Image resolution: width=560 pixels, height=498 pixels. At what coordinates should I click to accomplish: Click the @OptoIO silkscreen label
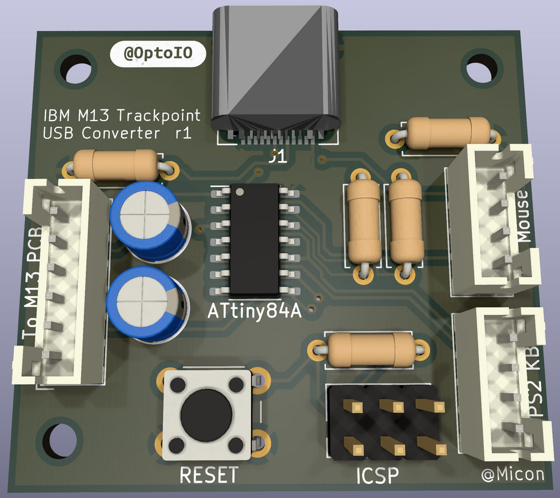[x=158, y=54]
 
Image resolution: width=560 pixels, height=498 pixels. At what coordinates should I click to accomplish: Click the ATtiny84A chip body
[x=255, y=241]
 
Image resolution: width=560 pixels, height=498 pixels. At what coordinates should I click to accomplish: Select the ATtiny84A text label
[x=255, y=311]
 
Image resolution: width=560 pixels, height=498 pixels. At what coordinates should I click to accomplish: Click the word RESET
[x=208, y=475]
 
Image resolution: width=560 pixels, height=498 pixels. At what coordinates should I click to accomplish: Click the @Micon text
[x=512, y=474]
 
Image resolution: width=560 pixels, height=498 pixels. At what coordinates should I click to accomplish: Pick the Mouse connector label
[x=524, y=216]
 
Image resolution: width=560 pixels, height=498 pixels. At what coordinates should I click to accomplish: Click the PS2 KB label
[x=534, y=381]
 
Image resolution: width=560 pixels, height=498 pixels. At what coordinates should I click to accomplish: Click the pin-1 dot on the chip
[x=240, y=192]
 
